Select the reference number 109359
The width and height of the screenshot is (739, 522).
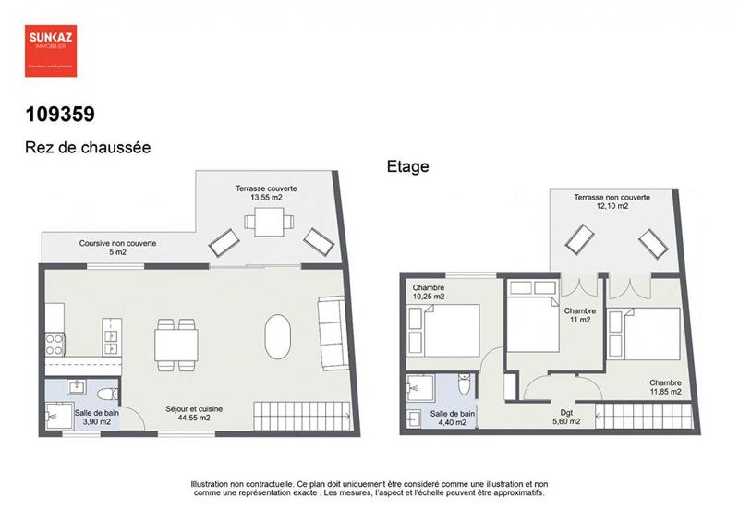pyautogui.click(x=60, y=115)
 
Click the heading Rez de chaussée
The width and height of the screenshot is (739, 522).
pyautogui.click(x=87, y=147)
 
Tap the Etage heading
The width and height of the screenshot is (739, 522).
pyautogui.click(x=407, y=167)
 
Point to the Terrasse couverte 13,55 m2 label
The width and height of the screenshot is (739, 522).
pyautogui.click(x=266, y=192)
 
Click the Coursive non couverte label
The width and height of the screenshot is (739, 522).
pyautogui.click(x=117, y=247)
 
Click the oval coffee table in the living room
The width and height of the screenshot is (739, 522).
pyautogui.click(x=278, y=337)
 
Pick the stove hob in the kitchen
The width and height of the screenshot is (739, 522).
pyautogui.click(x=55, y=343)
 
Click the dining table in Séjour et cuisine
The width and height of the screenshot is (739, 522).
pyautogui.click(x=176, y=344)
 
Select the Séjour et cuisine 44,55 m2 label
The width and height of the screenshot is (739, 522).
pyautogui.click(x=194, y=413)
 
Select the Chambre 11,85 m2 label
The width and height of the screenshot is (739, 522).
pyautogui.click(x=665, y=387)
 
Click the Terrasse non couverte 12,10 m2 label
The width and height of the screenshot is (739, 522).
pyautogui.click(x=612, y=201)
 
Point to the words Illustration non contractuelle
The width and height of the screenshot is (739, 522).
pyautogui.click(x=242, y=484)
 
